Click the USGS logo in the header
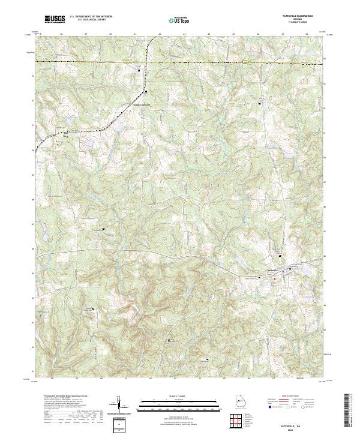[55, 20]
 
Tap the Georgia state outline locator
[239, 402]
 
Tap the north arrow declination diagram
[120, 404]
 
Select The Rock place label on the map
[58, 136]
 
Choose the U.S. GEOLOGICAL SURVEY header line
[91, 20]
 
